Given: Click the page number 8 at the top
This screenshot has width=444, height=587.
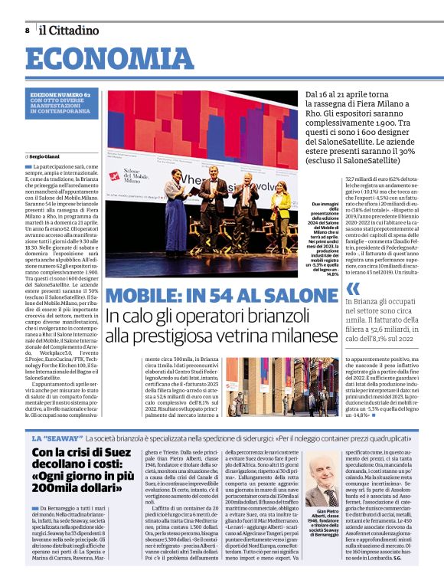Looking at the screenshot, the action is (28, 30).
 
